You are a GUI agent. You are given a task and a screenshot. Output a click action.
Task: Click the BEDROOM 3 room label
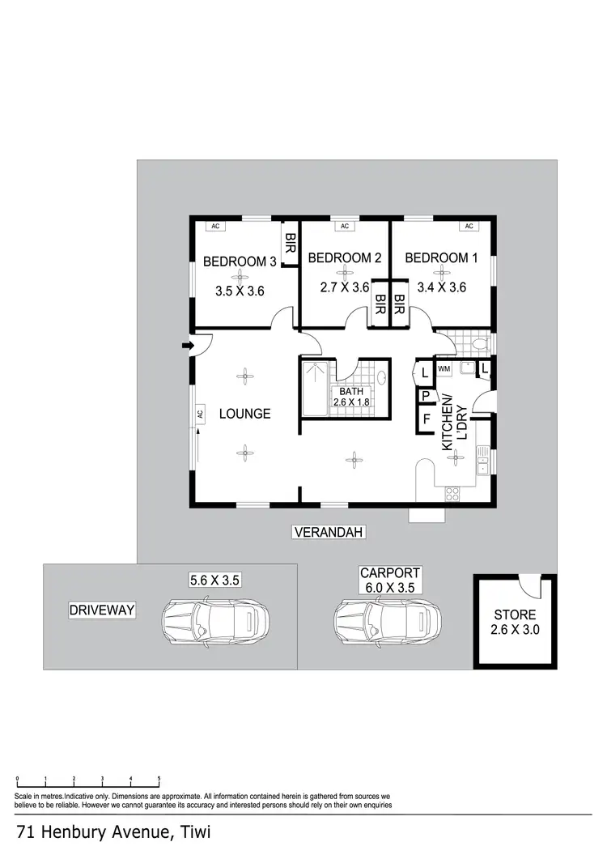[240, 262]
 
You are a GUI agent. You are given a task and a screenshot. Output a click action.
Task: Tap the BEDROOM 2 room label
[345, 258]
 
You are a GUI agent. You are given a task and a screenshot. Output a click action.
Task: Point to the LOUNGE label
[244, 414]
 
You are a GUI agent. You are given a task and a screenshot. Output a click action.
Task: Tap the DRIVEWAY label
[101, 610]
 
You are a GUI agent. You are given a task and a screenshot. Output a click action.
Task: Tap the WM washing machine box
[444, 369]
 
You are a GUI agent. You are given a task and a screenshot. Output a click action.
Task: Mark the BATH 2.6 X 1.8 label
[352, 398]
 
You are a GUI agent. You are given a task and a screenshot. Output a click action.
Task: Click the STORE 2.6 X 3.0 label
[516, 622]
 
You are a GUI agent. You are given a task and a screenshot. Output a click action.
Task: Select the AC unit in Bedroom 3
[216, 227]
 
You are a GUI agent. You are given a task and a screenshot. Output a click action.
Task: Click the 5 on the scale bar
[159, 779]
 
